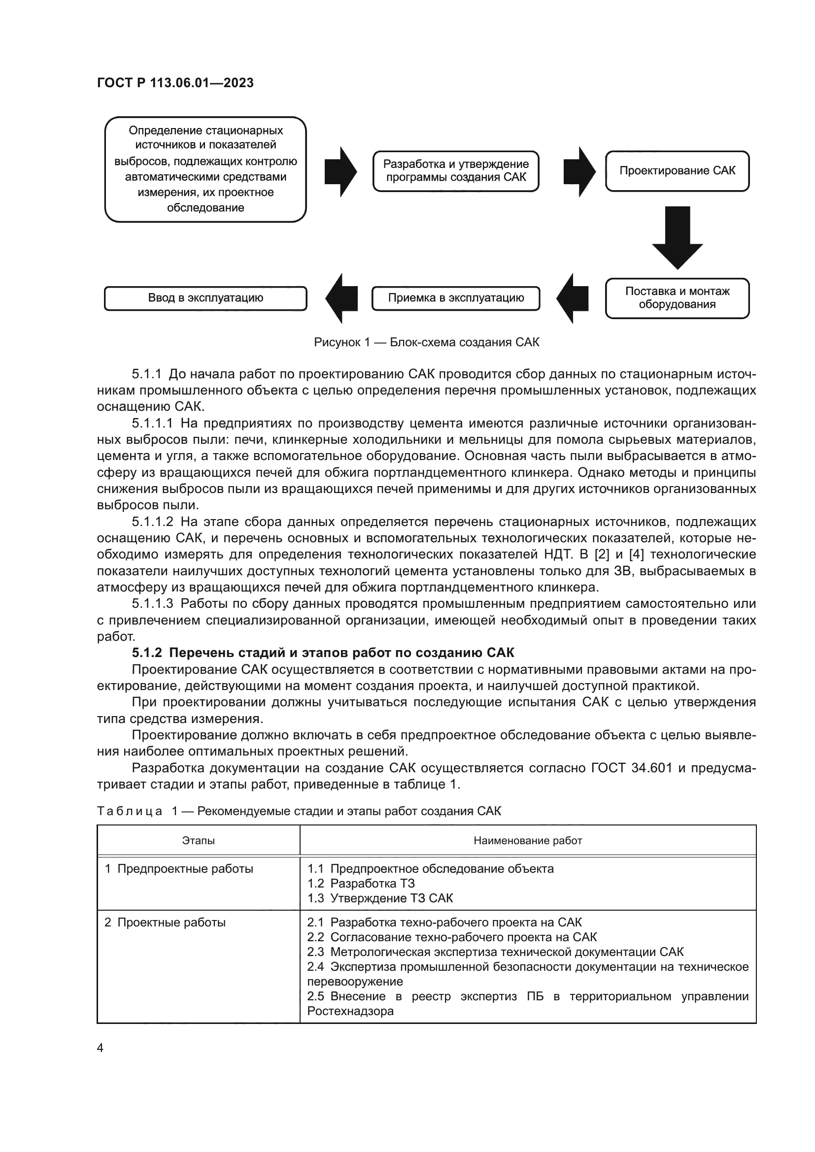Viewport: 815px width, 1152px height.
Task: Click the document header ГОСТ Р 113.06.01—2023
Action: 175,83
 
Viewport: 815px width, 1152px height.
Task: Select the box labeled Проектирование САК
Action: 677,171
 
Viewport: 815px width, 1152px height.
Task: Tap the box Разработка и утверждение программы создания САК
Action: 456,171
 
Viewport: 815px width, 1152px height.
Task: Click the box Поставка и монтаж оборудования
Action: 677,298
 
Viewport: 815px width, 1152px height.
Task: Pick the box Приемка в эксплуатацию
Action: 456,298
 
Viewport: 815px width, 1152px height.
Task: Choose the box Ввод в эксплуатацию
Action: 205,298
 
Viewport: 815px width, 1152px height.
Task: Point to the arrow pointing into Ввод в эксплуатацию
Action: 341,298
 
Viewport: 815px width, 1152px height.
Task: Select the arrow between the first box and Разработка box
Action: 341,171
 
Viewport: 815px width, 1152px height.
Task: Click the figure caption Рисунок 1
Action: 427,342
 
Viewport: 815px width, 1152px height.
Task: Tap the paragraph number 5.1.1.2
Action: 153,522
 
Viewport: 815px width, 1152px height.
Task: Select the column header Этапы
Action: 198,840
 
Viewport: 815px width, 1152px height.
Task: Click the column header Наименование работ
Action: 527,840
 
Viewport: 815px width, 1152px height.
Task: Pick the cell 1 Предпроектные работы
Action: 179,868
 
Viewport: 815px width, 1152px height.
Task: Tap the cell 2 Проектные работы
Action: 165,922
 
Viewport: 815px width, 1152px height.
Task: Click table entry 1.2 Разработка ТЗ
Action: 361,883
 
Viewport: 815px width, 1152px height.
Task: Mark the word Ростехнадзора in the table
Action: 350,1011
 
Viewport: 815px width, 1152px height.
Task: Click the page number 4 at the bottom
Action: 100,1048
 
